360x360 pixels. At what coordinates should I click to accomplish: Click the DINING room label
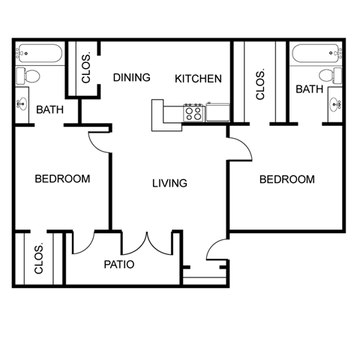click(132, 77)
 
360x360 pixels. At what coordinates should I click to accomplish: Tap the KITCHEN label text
click(198, 78)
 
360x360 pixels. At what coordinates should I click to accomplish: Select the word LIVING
click(169, 183)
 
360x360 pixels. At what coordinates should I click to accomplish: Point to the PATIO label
click(118, 264)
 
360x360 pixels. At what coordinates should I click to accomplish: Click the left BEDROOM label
click(63, 179)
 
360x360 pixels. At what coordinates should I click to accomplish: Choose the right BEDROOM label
click(286, 179)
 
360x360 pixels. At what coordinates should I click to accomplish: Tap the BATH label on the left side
click(49, 110)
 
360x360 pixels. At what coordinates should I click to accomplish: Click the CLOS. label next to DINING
click(86, 70)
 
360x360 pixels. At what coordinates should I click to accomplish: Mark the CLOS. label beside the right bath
click(260, 84)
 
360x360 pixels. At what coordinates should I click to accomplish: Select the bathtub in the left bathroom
click(39, 54)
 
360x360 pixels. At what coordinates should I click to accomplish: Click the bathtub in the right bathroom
click(317, 54)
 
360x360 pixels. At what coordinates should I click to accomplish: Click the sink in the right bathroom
click(334, 104)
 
